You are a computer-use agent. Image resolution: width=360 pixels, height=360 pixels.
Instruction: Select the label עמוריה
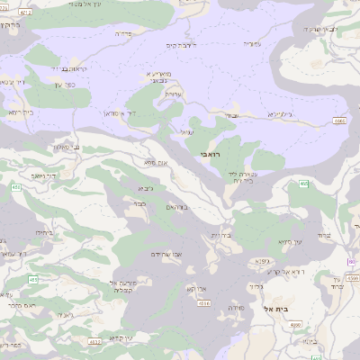pos(253,43)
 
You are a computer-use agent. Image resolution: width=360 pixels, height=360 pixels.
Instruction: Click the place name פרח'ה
pos(124,32)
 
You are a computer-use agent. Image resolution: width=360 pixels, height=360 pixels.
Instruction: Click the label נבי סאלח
pos(62,147)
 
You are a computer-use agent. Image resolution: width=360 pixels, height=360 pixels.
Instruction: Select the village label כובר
pos(139,205)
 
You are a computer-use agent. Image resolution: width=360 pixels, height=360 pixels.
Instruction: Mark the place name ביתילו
pos(42,232)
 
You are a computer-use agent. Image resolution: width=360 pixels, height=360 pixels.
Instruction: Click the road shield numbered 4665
pos(339,120)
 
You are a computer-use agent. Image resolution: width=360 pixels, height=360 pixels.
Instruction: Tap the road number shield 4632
pos(94,342)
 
